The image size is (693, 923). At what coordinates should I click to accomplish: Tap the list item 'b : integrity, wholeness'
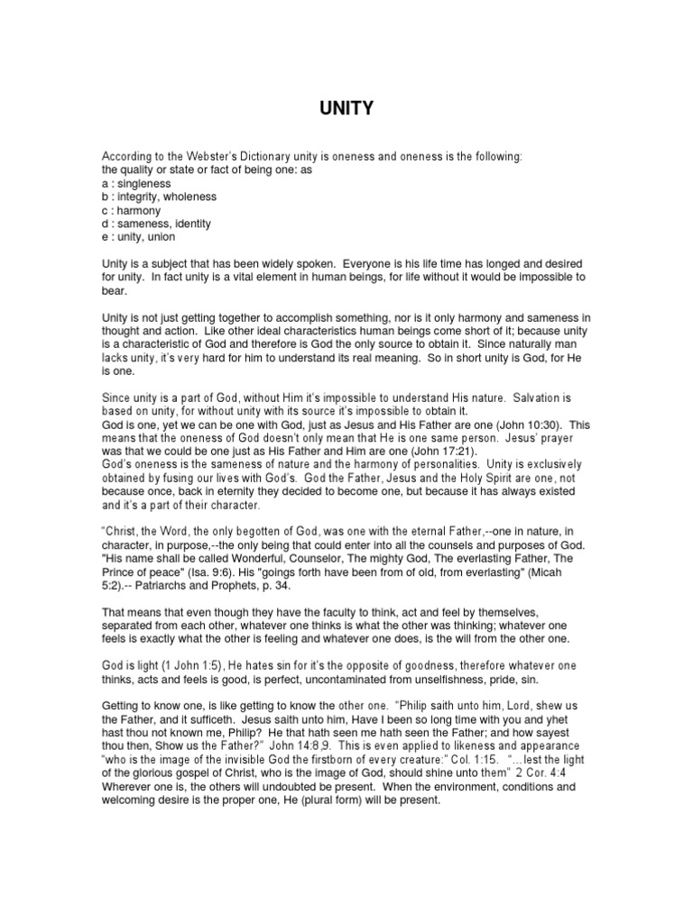pyautogui.click(x=159, y=196)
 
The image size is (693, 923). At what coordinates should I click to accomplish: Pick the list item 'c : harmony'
pyautogui.click(x=131, y=210)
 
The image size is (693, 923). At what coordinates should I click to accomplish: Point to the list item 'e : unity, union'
pyautogui.click(x=138, y=237)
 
